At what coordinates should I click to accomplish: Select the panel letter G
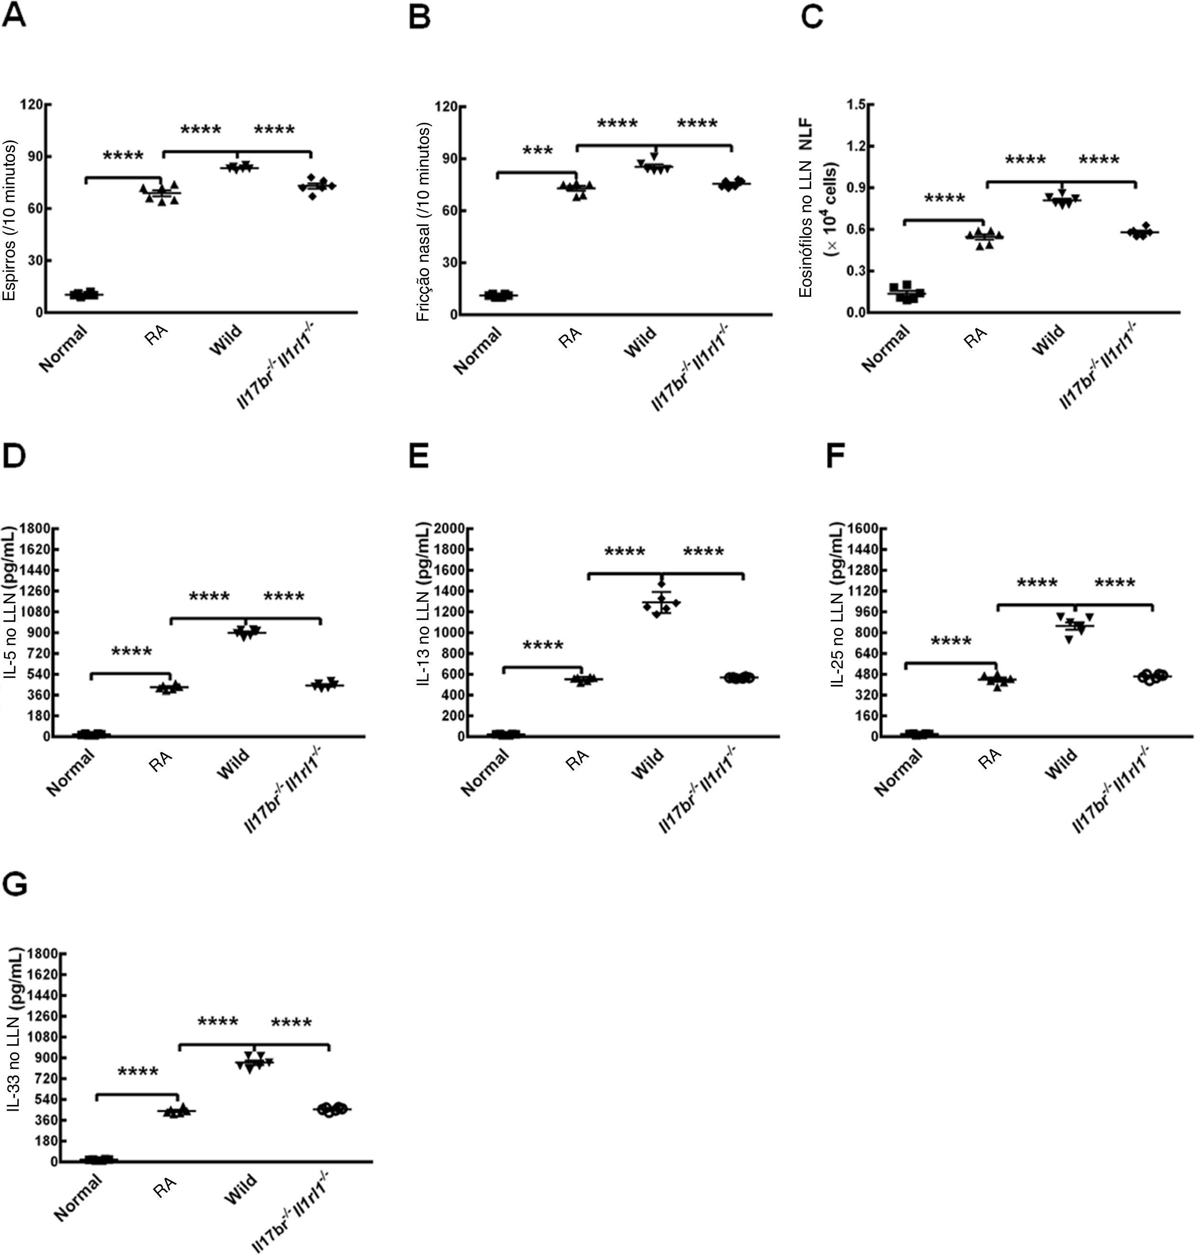pos(15,884)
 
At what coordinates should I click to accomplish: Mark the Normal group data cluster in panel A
pos(84,294)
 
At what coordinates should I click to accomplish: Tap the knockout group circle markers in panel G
pos(332,1109)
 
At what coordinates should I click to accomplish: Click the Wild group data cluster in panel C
pos(1061,199)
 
